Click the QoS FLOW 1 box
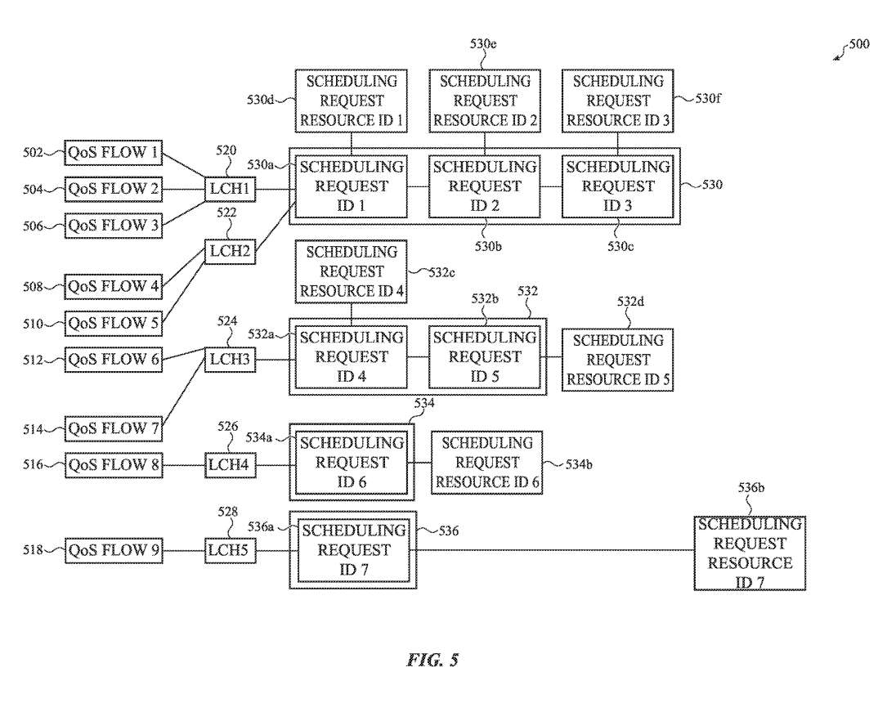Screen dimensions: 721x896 click(114, 153)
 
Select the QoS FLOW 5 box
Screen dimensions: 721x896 click(114, 323)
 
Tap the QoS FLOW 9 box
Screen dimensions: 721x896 click(114, 551)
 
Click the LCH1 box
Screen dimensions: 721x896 click(230, 190)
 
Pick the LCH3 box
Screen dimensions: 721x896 click(230, 359)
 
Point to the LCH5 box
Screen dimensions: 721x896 click(230, 551)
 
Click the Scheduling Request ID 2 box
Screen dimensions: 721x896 click(485, 186)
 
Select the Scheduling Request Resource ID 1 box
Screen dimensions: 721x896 click(352, 101)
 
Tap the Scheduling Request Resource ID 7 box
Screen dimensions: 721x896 click(750, 553)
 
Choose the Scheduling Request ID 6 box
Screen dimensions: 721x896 click(352, 463)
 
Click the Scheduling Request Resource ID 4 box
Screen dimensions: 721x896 click(352, 271)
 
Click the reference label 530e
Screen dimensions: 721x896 click(484, 43)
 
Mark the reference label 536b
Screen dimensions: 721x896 click(751, 488)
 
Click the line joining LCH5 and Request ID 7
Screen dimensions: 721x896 click(272, 551)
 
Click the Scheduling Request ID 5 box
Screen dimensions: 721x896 click(485, 357)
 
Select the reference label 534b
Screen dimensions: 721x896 click(579, 464)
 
